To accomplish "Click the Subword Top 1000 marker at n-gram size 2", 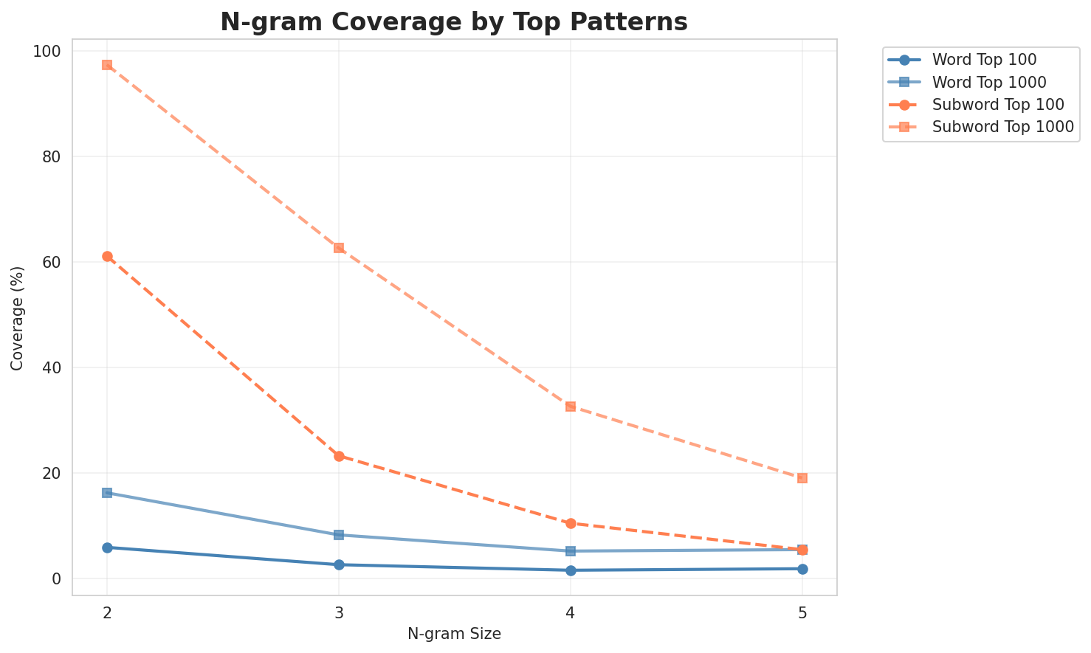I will [x=107, y=65].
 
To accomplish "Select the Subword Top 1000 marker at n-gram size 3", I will [x=339, y=248].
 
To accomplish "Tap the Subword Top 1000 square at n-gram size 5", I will [x=802, y=478].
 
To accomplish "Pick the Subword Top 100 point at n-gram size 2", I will [x=107, y=257].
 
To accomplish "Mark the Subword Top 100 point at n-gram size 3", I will [x=339, y=456].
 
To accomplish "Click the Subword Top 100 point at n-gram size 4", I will [x=571, y=523].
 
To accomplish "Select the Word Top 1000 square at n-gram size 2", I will [x=107, y=493].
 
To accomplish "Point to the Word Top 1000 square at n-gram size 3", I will [x=339, y=535].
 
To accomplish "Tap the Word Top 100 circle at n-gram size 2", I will [x=107, y=547].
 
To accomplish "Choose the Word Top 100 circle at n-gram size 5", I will [x=802, y=569].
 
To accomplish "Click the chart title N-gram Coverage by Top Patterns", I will [x=454, y=22].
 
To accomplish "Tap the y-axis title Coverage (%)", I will [x=17, y=317].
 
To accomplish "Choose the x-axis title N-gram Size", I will [x=454, y=634].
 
